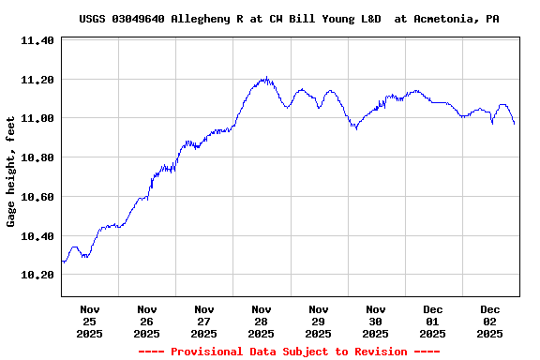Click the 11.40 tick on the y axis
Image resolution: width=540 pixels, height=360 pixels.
pos(37,41)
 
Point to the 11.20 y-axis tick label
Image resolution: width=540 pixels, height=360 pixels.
pos(37,80)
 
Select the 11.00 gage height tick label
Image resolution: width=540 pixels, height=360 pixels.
pos(37,119)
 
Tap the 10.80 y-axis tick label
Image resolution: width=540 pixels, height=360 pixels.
pos(37,158)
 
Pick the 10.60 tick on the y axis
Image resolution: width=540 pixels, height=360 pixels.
pos(37,197)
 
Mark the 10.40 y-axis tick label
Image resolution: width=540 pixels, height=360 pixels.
pos(37,236)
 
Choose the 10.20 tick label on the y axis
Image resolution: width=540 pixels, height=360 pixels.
pos(37,276)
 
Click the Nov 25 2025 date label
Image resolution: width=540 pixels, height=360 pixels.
pos(90,321)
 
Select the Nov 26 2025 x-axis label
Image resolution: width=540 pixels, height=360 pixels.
pos(147,321)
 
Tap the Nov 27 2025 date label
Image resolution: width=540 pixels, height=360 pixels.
pos(204,321)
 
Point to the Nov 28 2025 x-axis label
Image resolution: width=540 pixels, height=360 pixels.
pos(262,321)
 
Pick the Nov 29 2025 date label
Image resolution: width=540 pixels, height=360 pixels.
pos(319,321)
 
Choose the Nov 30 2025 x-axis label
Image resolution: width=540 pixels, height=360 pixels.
pos(376,321)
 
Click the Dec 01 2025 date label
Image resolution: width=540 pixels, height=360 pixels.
pos(433,321)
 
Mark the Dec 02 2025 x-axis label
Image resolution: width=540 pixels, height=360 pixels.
pos(490,321)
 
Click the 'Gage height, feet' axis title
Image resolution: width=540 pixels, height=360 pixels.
pos(12,172)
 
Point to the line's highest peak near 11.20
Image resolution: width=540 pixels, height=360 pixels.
pos(266,78)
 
